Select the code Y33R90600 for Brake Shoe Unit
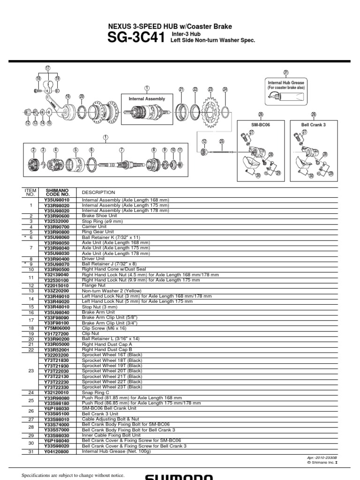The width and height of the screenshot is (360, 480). (x=57, y=216)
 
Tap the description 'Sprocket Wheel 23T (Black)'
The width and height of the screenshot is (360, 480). (x=112, y=387)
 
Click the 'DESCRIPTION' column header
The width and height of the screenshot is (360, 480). (x=98, y=192)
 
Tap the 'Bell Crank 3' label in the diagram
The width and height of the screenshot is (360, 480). (x=313, y=125)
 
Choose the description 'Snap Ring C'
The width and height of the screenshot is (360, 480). (x=96, y=392)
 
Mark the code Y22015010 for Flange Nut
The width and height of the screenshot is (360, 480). (x=57, y=285)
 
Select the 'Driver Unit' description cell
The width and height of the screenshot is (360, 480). (x=93, y=258)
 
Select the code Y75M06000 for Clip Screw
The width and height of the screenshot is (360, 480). (x=57, y=328)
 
